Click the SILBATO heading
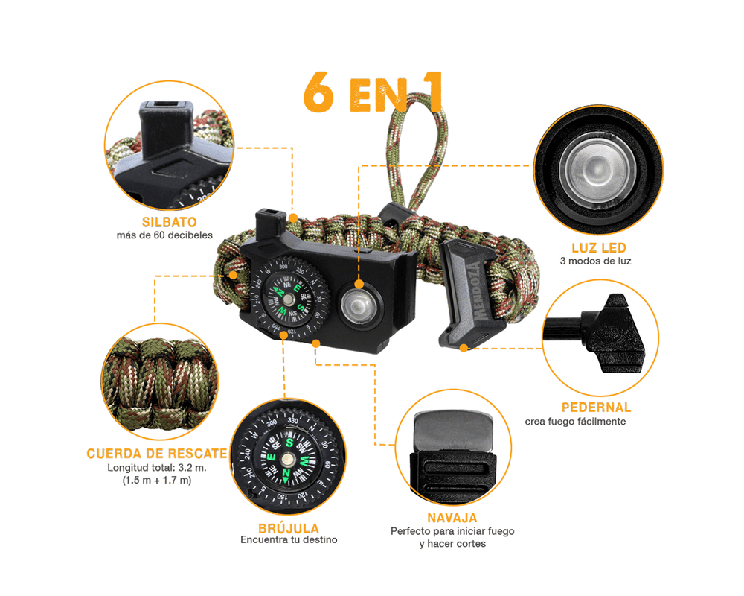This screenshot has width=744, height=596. point(170,222)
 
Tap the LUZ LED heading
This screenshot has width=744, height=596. point(599,247)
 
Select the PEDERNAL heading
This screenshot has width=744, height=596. point(596,408)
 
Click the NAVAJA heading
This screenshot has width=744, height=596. point(452,518)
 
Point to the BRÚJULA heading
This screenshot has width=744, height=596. point(289,527)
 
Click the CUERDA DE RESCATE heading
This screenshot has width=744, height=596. point(157,454)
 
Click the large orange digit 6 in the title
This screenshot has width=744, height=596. point(319,92)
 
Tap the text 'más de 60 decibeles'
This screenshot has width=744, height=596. point(164,235)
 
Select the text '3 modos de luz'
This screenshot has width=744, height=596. point(595,261)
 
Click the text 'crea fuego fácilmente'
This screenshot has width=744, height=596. point(575,422)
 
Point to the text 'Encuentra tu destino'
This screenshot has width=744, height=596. point(289,540)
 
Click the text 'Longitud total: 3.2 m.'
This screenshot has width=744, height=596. point(156,468)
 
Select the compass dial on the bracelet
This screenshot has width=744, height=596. point(288,297)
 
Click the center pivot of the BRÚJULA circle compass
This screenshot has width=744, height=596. point(287,459)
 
